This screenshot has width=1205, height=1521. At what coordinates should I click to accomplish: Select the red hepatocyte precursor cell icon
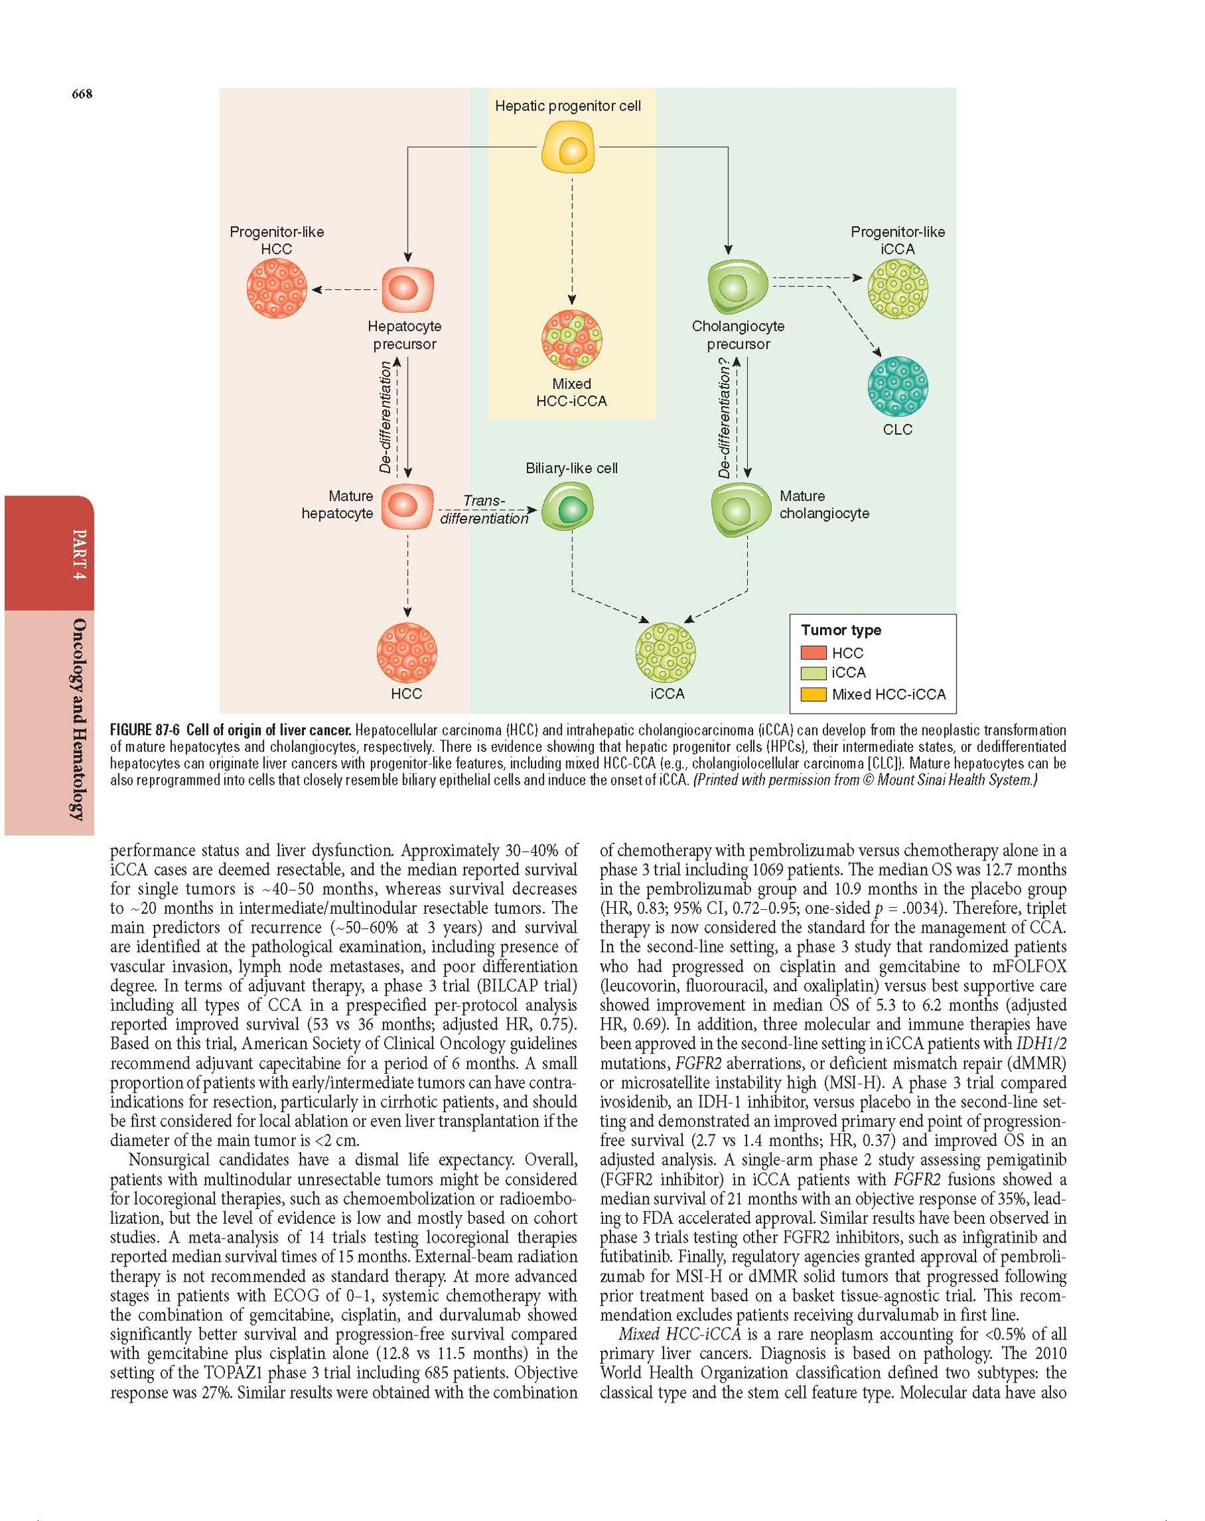(408, 289)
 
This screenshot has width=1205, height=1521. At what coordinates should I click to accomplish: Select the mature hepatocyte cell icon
(407, 507)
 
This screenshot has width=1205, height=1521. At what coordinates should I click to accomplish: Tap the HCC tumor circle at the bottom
(407, 653)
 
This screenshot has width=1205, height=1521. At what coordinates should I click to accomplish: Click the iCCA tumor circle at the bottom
(667, 653)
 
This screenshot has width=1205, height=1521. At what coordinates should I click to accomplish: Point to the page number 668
(82, 94)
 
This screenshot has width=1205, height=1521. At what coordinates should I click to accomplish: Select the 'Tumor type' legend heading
(841, 630)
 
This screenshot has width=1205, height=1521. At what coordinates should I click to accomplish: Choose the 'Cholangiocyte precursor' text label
(738, 335)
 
